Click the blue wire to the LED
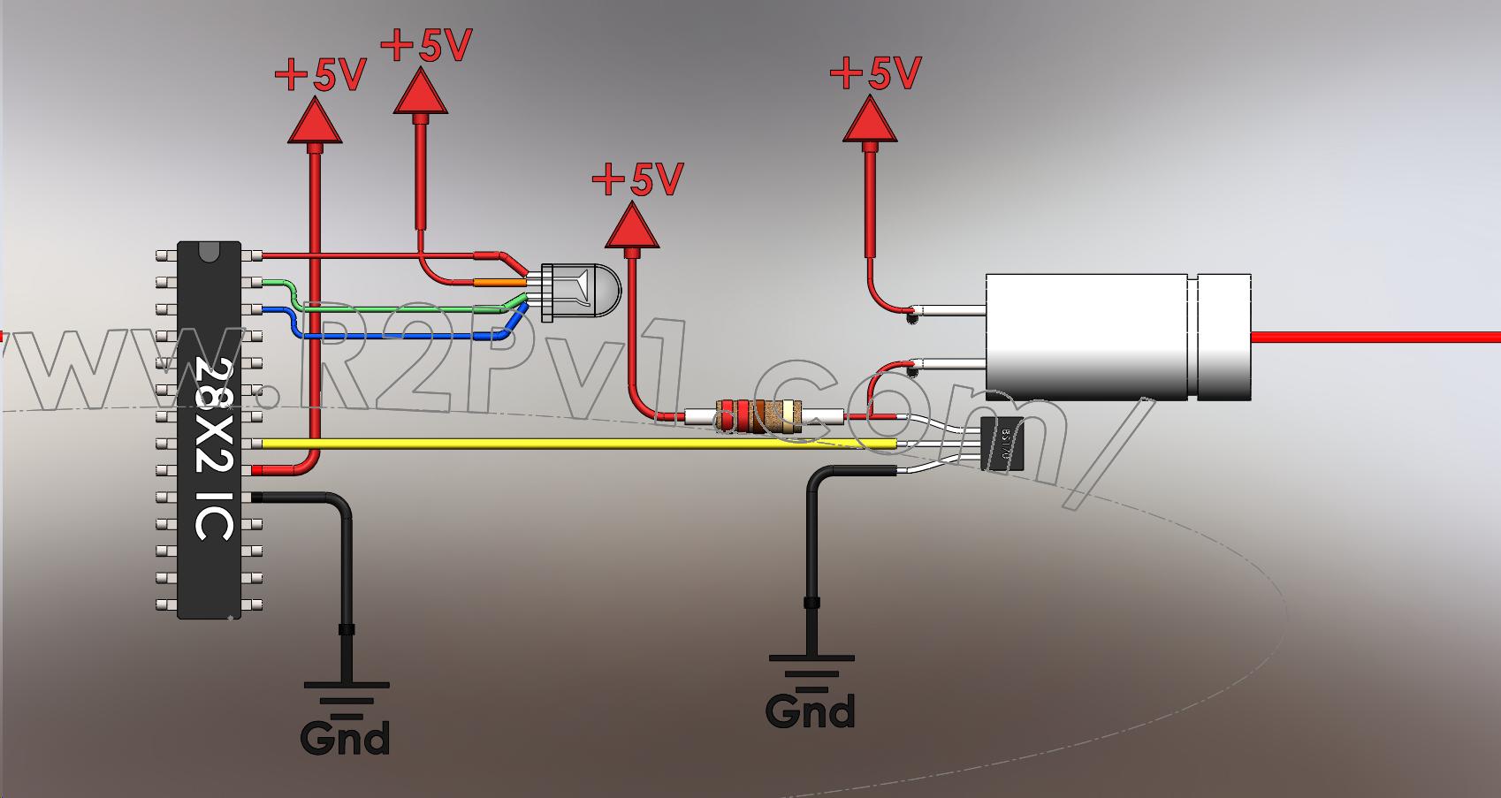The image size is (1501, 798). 398,336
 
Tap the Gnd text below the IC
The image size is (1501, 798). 345,738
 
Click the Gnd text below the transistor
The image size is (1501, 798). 810,711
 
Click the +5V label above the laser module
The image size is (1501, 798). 876,73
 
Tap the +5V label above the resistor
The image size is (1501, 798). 638,179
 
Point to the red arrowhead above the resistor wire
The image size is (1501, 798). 632,226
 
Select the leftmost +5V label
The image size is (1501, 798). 321,76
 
